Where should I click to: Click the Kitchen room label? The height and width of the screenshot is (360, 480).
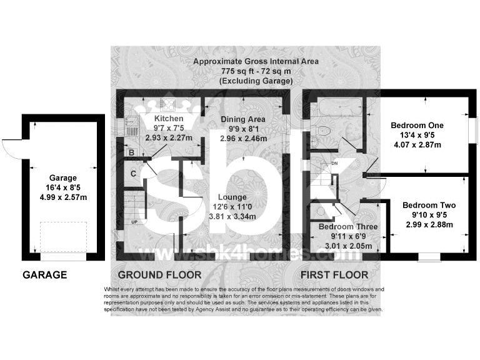(x=169, y=119)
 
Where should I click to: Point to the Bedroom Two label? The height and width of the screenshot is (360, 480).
(x=429, y=205)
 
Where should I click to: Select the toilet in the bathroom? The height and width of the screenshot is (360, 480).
(x=321, y=132)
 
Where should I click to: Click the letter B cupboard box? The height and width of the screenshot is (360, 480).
(x=131, y=151)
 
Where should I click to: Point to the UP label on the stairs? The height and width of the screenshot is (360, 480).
(x=134, y=221)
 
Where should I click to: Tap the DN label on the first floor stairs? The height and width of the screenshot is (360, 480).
(x=334, y=164)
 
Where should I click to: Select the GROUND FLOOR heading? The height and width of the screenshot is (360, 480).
(x=159, y=274)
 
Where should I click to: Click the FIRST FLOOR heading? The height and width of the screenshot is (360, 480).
(x=334, y=274)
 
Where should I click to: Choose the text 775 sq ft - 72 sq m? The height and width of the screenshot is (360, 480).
(x=256, y=71)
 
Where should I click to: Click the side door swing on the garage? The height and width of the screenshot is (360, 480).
(x=11, y=148)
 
